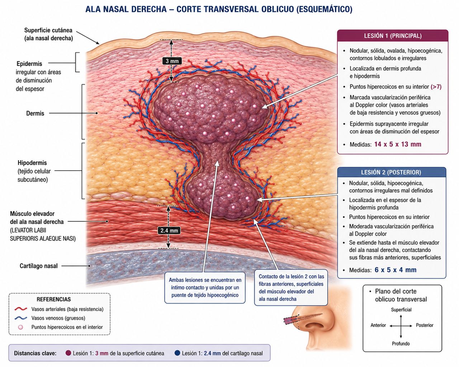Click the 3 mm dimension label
172,61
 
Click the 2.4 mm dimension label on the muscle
169,230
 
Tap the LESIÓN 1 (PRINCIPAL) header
393,36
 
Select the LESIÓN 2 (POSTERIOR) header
391,172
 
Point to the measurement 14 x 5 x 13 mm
398,144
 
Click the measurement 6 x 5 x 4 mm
396,270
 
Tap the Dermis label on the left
35,113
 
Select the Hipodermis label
32,163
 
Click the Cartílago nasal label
39,266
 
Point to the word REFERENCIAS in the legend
54,299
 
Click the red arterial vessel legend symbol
21,309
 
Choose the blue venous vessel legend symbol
21,318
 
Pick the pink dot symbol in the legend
20,327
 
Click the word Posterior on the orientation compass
425,325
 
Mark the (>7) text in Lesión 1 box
436,87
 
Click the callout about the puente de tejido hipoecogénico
205,287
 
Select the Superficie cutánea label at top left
48,34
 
